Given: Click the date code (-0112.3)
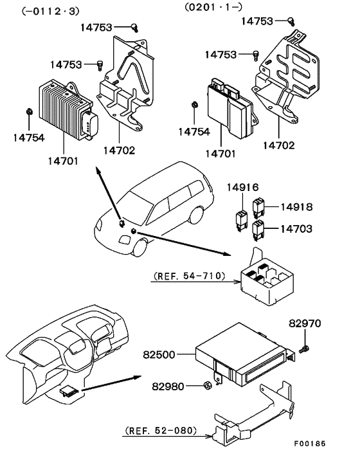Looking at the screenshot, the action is [50, 12].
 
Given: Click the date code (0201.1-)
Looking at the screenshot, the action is [213, 6].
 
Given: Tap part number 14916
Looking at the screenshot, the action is [242, 187].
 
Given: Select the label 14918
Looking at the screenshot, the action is [296, 206].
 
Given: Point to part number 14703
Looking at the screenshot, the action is [296, 229].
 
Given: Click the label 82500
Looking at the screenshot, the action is [159, 355].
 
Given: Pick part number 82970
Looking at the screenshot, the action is [305, 323].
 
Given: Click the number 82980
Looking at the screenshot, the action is [168, 386].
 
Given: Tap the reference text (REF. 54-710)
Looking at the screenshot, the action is [190, 276].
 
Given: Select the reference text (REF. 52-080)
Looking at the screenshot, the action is [161, 431].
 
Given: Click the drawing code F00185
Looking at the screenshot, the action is [310, 443].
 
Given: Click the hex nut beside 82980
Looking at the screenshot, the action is [208, 385].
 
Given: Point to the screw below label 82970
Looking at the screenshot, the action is [304, 350].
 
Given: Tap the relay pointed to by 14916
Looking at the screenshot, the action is [242, 221].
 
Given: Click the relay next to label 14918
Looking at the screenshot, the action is [258, 208].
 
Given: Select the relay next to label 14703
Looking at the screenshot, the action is [258, 230].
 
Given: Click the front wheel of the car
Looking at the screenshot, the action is [140, 248].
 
